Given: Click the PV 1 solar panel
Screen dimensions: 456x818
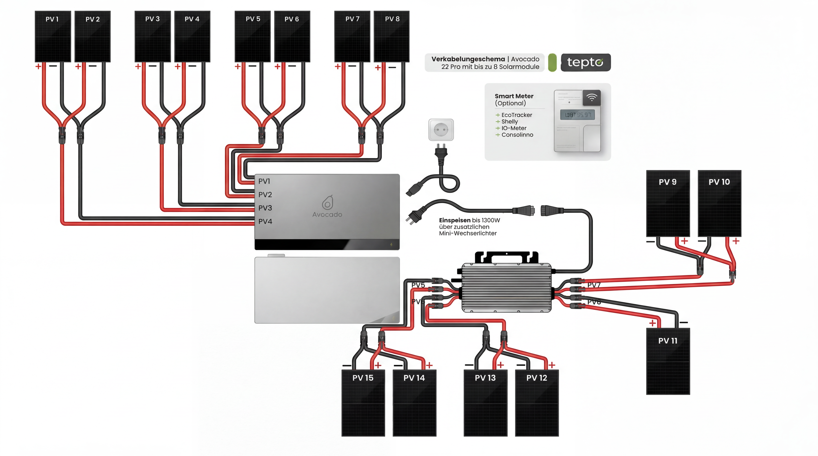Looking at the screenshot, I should coord(53,37).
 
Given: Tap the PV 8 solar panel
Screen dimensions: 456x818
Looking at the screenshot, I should coord(392,37).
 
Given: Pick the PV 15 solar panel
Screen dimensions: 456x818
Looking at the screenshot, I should coord(363,403).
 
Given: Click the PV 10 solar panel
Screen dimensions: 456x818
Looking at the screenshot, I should coord(719,203).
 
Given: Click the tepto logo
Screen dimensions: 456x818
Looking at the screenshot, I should coord(585,62).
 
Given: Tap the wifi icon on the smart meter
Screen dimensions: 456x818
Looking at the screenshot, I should coord(592,98).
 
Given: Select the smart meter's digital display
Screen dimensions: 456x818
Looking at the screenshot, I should coord(577,115).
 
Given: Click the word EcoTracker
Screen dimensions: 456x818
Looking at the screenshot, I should coord(516,115).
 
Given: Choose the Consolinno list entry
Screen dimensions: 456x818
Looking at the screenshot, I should coord(517,135).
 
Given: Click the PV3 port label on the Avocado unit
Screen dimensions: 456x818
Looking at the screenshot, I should coord(265,208).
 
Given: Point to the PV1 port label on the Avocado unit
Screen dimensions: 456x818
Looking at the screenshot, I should coord(264,181).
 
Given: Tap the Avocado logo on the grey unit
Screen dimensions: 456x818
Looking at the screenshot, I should coord(327,206).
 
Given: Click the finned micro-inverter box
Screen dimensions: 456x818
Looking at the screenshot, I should coord(507,287).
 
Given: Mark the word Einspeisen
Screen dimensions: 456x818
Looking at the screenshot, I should coord(455,220).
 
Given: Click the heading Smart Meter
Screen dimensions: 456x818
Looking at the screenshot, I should coord(514,96).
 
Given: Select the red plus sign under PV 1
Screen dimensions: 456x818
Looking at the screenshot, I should coord(38,66).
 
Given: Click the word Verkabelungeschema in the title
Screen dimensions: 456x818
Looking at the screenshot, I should coord(468,59).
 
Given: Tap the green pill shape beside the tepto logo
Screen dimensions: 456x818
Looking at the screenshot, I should coord(552,62).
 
